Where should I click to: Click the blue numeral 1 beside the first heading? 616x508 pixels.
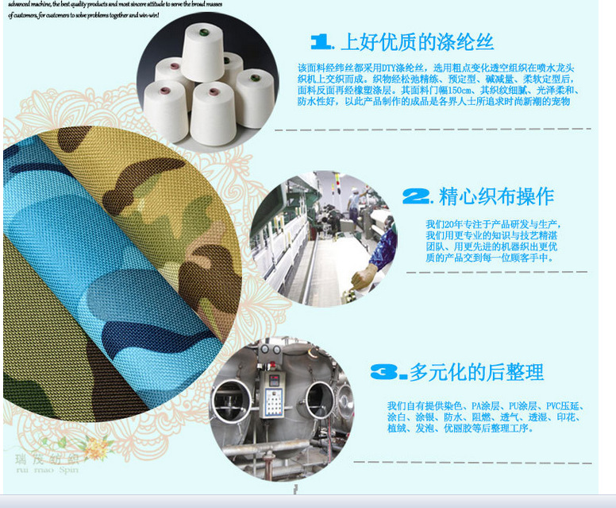321,41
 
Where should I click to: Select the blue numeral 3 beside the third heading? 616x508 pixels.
389,370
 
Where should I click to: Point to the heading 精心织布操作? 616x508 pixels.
496,196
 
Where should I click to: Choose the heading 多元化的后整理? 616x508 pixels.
476,371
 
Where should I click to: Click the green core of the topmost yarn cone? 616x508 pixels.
203,33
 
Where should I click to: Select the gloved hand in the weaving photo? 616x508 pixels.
364,275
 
